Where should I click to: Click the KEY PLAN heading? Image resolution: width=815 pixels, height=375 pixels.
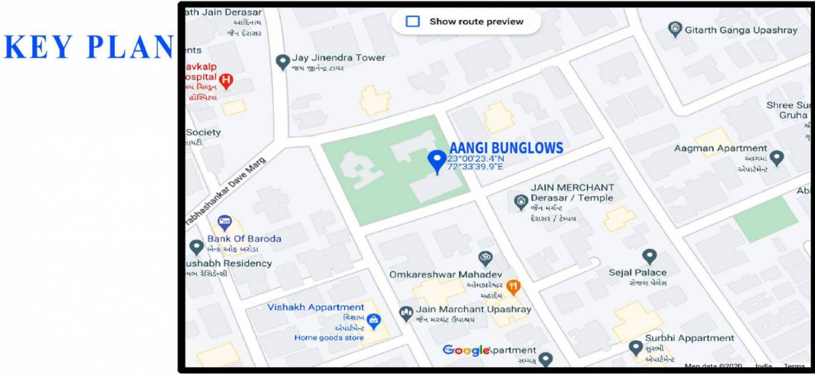click(89, 47)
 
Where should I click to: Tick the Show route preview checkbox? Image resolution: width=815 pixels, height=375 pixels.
click(413, 21)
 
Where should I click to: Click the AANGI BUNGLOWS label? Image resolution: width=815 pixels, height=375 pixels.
click(506, 148)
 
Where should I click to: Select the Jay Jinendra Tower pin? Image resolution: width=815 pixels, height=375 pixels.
click(282, 62)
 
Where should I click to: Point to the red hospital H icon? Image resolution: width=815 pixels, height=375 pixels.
click(226, 80)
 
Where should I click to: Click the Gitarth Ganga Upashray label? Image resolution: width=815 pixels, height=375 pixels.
click(741, 30)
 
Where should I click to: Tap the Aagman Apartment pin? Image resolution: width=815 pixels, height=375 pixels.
click(776, 159)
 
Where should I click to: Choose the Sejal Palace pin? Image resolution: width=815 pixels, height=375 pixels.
click(650, 257)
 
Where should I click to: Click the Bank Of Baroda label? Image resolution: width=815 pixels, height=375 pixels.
click(244, 238)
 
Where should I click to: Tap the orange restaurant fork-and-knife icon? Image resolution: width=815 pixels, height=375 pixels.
click(514, 285)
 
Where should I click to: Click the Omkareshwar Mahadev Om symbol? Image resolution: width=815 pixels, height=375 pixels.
click(485, 258)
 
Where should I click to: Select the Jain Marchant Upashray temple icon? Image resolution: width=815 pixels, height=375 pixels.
click(406, 314)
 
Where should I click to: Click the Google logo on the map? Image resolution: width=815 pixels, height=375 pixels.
click(467, 350)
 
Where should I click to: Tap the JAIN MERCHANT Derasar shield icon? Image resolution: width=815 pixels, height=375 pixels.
click(520, 202)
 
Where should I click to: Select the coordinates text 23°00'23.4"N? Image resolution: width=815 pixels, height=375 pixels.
click(476, 159)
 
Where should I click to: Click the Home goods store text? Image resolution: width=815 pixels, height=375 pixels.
click(329, 338)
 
